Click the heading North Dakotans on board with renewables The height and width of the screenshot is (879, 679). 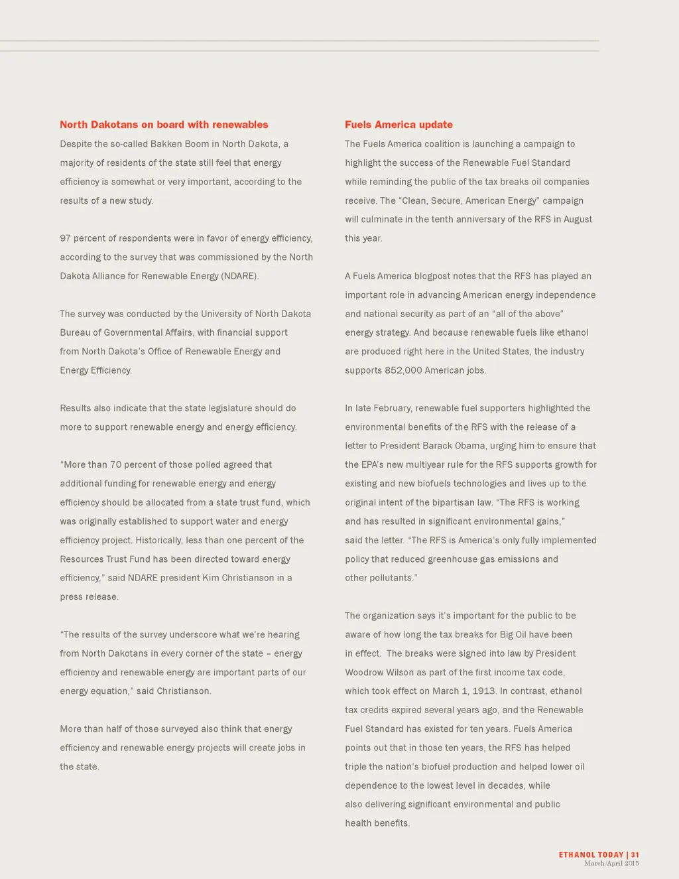click(164, 125)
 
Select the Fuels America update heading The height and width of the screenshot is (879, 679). click(399, 125)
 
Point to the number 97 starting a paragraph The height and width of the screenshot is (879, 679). click(65, 238)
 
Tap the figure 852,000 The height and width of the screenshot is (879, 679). click(403, 370)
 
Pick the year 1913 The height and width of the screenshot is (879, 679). click(484, 691)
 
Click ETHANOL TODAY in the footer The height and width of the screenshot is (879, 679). click(591, 854)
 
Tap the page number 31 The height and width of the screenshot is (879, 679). click(635, 854)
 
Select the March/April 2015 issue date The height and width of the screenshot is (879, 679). click(611, 864)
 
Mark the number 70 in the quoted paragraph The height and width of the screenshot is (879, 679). click(116, 464)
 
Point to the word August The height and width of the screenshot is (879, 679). click(578, 219)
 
